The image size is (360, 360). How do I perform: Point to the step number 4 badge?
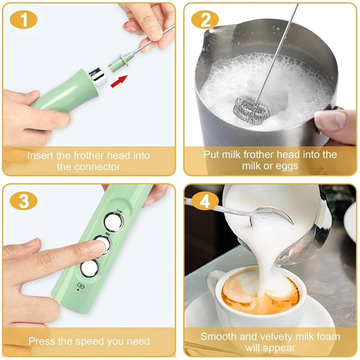pos(205,201)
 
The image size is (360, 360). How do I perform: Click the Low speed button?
pos(113,221)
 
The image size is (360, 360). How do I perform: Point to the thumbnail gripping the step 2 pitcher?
pos(331,120)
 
